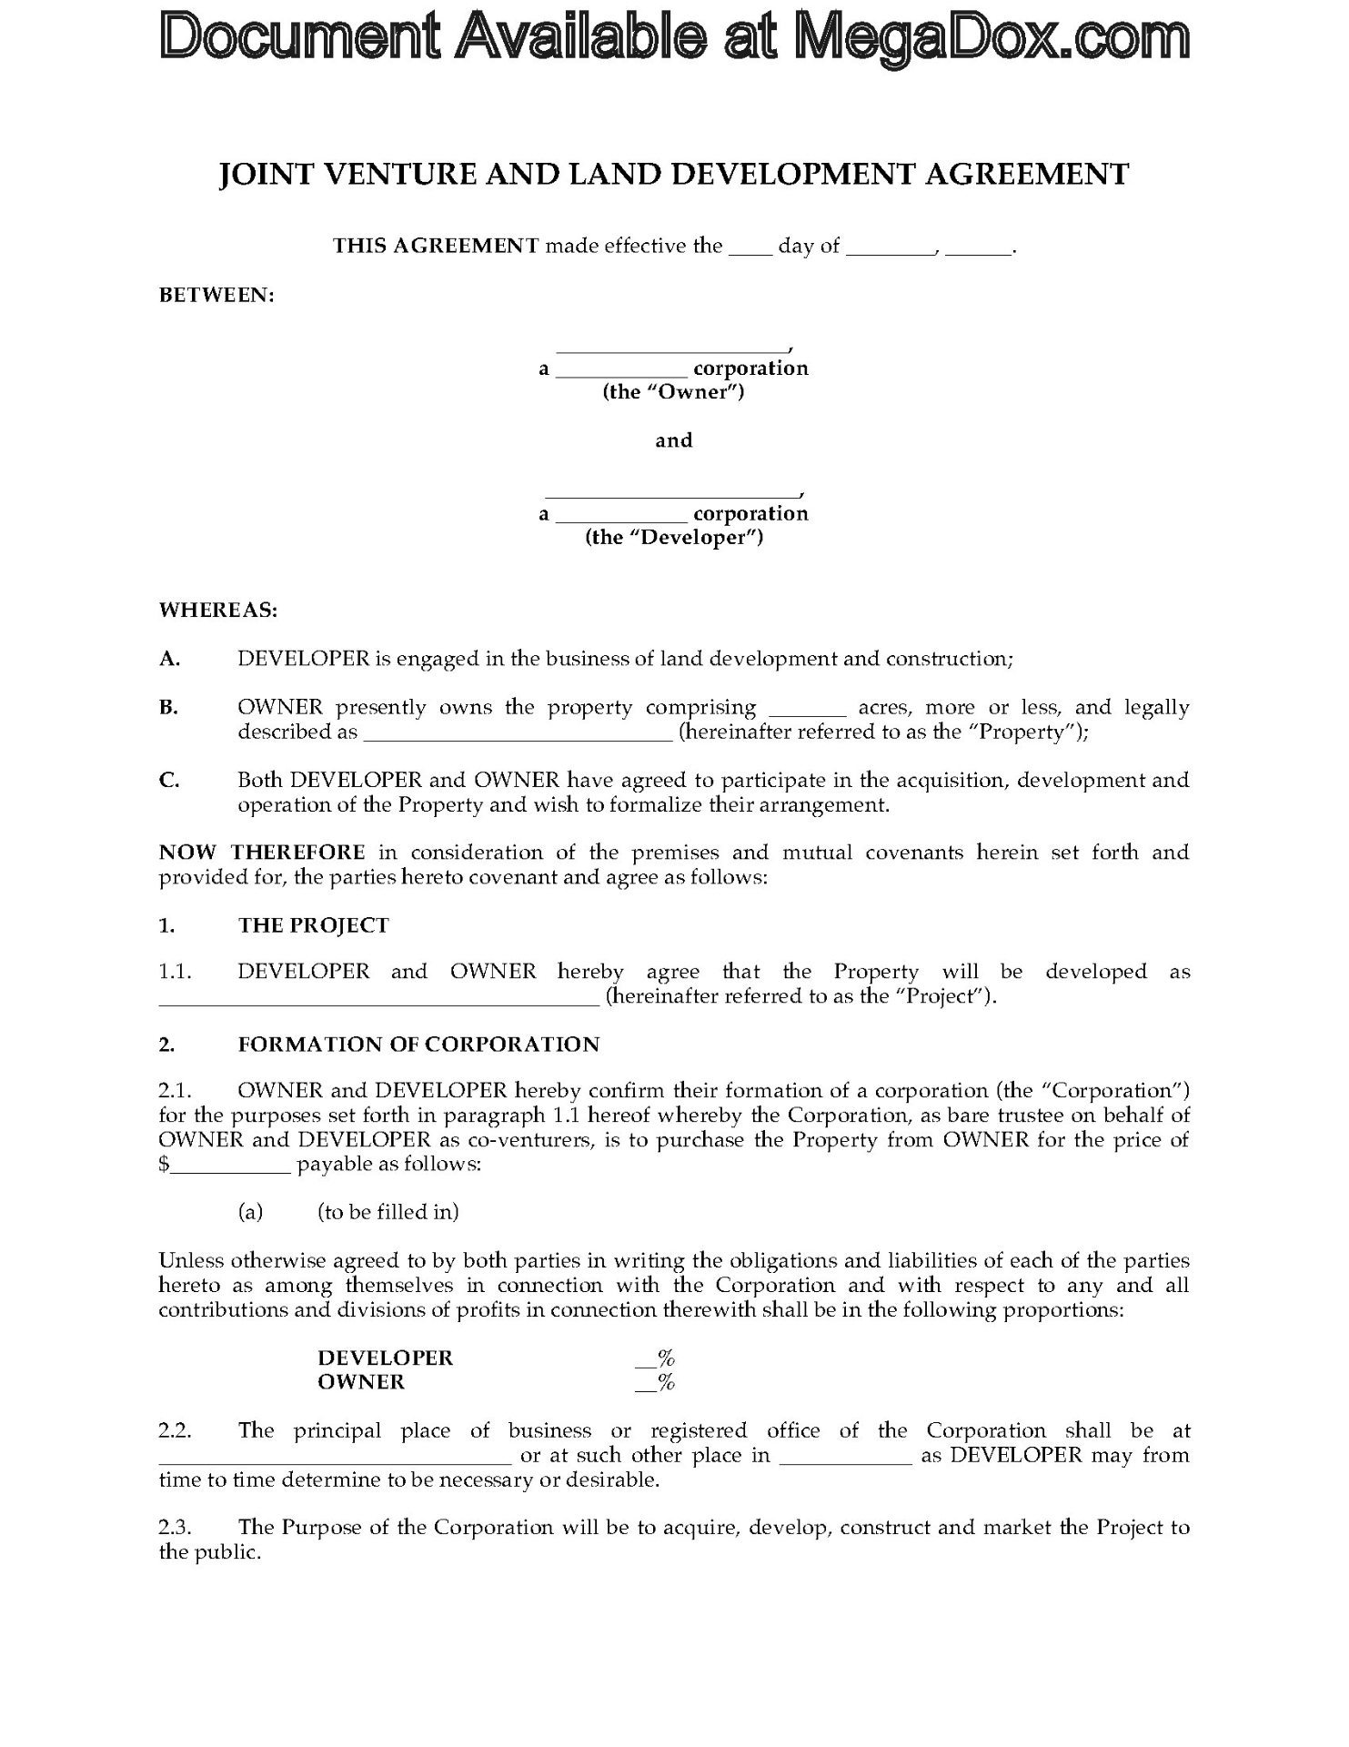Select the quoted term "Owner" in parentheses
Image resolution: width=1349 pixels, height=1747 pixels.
coord(673,392)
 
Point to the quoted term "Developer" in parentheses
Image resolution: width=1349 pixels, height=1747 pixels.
coord(674,538)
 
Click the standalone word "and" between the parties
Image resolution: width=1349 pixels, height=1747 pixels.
coord(674,440)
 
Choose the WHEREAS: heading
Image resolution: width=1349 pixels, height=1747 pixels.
coord(218,610)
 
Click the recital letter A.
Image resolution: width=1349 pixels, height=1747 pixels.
coord(169,659)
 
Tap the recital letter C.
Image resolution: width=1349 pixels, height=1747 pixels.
coord(169,780)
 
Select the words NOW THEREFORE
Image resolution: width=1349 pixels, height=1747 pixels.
coord(262,853)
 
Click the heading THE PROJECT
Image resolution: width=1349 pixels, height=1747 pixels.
coord(314,925)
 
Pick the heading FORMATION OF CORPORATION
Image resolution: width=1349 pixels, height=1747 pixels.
coord(418,1045)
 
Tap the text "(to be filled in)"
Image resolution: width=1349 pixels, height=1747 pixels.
coord(388,1212)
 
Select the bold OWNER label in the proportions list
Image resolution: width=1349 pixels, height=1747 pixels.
coord(361,1382)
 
